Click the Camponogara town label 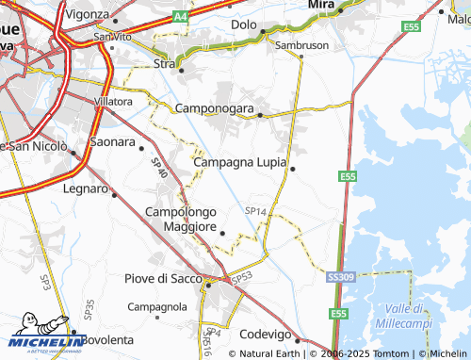click(x=215, y=109)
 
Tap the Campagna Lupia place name click(x=239, y=162)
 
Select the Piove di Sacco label click(x=164, y=278)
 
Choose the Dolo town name click(x=244, y=24)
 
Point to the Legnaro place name click(x=86, y=188)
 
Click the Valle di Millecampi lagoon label click(x=409, y=316)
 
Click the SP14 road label click(x=255, y=211)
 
